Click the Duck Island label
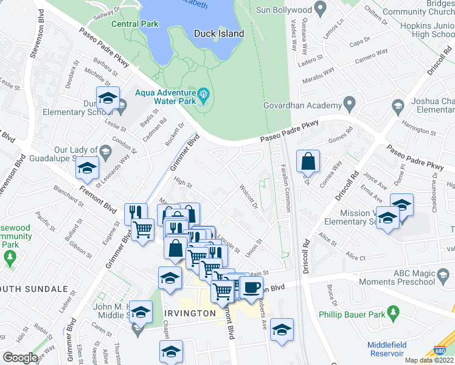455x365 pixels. (x=218, y=34)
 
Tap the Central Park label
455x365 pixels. (x=135, y=24)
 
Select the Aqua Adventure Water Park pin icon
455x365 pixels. (x=203, y=95)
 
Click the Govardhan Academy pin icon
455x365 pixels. (x=349, y=105)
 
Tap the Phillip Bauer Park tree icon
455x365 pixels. (x=394, y=315)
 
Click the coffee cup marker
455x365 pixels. (x=251, y=287)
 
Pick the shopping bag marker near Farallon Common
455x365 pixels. (x=308, y=161)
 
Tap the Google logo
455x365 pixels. (x=21, y=358)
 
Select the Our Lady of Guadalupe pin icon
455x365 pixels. (x=105, y=151)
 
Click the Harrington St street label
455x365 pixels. (x=420, y=130)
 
